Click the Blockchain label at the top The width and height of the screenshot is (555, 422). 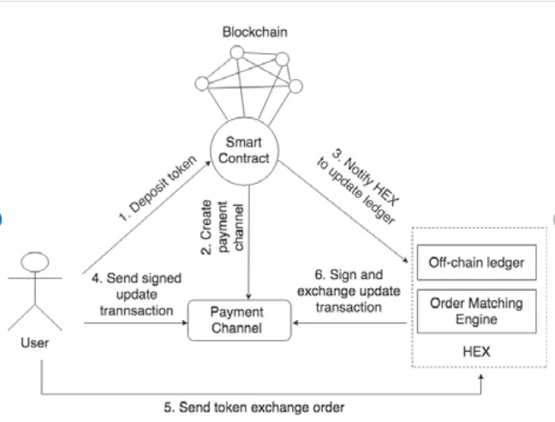pyautogui.click(x=254, y=33)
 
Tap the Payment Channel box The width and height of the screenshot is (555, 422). pyautogui.click(x=236, y=319)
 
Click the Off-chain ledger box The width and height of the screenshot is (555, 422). pyautogui.click(x=475, y=263)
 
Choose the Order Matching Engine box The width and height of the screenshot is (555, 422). pyautogui.click(x=475, y=310)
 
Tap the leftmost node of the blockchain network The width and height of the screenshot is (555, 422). pyautogui.click(x=202, y=84)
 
